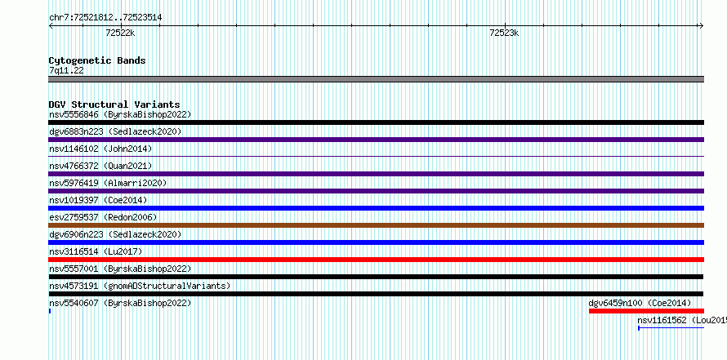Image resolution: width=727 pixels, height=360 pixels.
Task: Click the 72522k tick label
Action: click(x=120, y=33)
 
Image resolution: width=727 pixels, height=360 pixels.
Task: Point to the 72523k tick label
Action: click(x=504, y=33)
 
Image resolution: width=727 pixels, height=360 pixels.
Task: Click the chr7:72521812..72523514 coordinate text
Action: click(x=105, y=18)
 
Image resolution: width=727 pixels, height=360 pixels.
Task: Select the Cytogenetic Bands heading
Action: click(x=97, y=60)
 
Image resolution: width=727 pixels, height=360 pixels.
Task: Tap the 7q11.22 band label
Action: click(x=66, y=71)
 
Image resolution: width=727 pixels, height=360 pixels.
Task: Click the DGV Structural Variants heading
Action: click(x=114, y=104)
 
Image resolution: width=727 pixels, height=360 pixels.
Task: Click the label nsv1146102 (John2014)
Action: click(x=100, y=149)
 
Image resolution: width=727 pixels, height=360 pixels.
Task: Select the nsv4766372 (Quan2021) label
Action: click(x=100, y=166)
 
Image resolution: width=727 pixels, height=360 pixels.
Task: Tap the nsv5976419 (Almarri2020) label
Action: click(x=108, y=183)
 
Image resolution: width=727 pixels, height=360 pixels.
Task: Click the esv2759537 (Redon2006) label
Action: click(x=103, y=217)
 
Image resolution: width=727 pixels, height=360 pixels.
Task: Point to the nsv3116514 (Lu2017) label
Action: click(x=96, y=251)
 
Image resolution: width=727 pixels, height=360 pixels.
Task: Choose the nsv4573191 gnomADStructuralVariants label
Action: click(x=140, y=286)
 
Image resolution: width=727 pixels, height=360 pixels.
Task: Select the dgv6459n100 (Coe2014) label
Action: click(x=640, y=303)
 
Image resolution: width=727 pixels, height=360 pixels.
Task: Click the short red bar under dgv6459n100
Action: click(x=646, y=311)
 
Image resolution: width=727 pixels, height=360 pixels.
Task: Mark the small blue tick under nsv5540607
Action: click(x=50, y=311)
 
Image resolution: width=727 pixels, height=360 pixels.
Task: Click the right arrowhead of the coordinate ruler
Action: click(x=702, y=26)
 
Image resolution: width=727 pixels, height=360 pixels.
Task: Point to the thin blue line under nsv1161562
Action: click(x=671, y=328)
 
